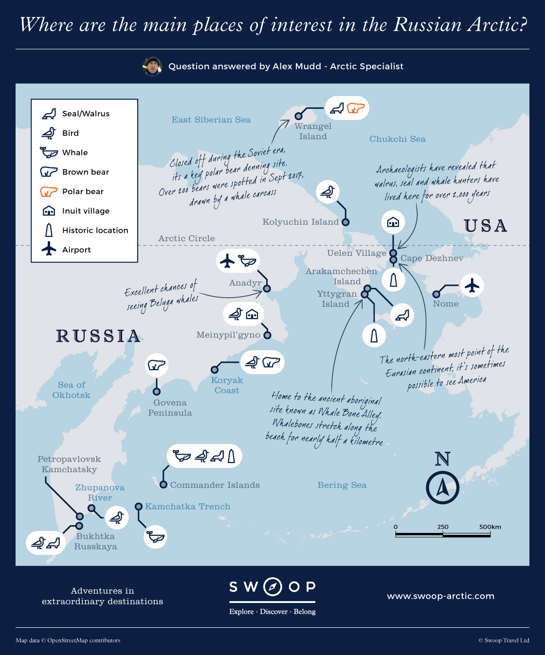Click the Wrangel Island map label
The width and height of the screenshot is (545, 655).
coord(313,131)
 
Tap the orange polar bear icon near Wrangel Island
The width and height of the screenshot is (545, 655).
coord(356,108)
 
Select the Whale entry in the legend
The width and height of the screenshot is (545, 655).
coord(75,153)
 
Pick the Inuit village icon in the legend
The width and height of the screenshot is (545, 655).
coord(49,211)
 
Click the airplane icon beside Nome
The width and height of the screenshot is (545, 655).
coord(472,285)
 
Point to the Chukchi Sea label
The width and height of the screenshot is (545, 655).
coord(398,139)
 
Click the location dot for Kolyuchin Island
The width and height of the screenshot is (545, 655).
coord(345,222)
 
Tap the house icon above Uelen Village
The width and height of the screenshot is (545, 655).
coord(393,222)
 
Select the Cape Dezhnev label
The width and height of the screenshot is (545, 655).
coord(432,258)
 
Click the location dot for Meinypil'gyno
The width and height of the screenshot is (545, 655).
coord(267,335)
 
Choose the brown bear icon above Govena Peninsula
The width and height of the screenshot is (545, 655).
coord(157,365)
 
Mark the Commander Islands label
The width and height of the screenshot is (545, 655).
coord(215,485)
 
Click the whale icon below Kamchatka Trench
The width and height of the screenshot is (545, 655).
coord(156,537)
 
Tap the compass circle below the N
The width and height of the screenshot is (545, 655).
coord(442,487)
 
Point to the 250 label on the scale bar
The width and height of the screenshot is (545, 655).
coord(443,527)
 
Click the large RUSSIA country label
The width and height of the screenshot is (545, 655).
coord(98,336)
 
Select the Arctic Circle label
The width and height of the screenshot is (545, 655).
coord(186,238)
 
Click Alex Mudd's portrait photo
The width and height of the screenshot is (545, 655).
coord(152,67)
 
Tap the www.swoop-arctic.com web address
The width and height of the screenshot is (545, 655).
coord(440,596)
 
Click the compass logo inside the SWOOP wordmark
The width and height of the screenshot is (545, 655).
coord(272,587)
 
